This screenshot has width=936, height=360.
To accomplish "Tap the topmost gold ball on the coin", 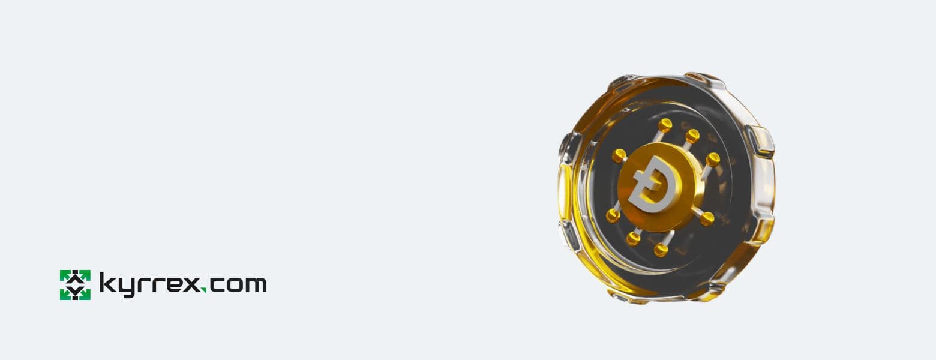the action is (665, 125).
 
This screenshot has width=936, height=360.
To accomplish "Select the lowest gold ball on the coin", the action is (661, 250).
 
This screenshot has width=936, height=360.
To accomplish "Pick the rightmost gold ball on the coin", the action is (713, 159).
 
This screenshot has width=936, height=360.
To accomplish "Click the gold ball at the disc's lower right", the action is (707, 219).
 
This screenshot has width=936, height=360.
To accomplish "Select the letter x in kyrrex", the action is (191, 285).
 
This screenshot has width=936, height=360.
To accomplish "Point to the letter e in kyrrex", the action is (172, 285).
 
